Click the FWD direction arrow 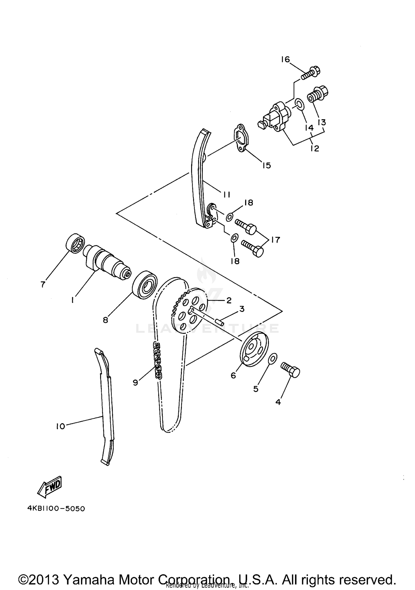pyautogui.click(x=50, y=485)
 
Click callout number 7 pyautogui.click(x=43, y=284)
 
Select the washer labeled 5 pyautogui.click(x=272, y=359)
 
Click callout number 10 pyautogui.click(x=60, y=426)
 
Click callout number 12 pyautogui.click(x=315, y=148)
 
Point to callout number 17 pyautogui.click(x=275, y=239)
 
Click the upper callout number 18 pyautogui.click(x=249, y=203)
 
